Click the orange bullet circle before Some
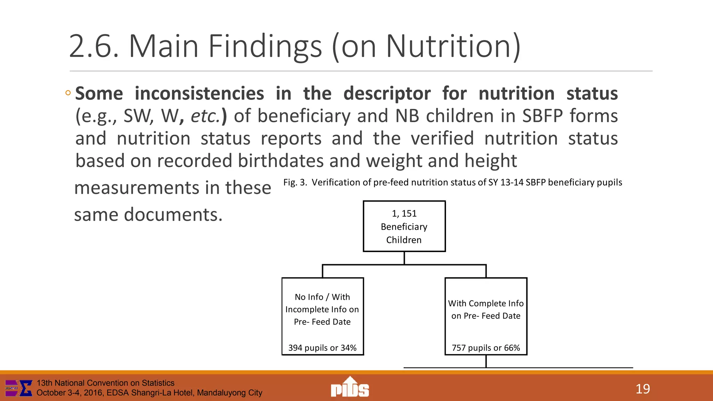68,93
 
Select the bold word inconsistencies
199,94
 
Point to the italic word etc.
205,116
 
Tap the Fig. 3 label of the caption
295,182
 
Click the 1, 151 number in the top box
404,213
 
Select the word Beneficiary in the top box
404,227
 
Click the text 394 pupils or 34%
322,348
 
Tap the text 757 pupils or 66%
486,348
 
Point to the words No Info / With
322,297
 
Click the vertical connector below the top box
404,258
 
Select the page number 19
642,389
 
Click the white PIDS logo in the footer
350,387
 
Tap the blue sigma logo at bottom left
25,388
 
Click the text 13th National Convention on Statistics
105,383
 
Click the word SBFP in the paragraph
542,116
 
